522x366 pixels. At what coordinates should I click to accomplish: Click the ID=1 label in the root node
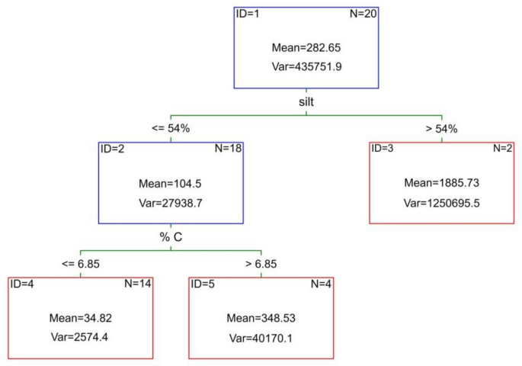click(x=251, y=13)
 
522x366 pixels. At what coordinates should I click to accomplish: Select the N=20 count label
click(x=362, y=13)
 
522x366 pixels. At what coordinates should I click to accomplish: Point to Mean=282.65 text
click(x=306, y=48)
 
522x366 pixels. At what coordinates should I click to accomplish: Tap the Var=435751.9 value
click(x=306, y=66)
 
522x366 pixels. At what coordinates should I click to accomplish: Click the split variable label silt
click(x=306, y=101)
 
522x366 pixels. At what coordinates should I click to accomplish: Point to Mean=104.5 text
click(x=171, y=183)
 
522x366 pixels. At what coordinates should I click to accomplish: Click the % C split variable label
click(x=171, y=236)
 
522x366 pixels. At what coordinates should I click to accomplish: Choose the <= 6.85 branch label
click(x=81, y=264)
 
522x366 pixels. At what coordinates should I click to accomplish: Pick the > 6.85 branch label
click(x=261, y=264)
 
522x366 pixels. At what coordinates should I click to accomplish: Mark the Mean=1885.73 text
click(x=441, y=183)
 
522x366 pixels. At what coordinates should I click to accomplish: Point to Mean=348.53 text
click(x=261, y=318)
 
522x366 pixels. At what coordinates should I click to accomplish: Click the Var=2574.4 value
click(x=81, y=337)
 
